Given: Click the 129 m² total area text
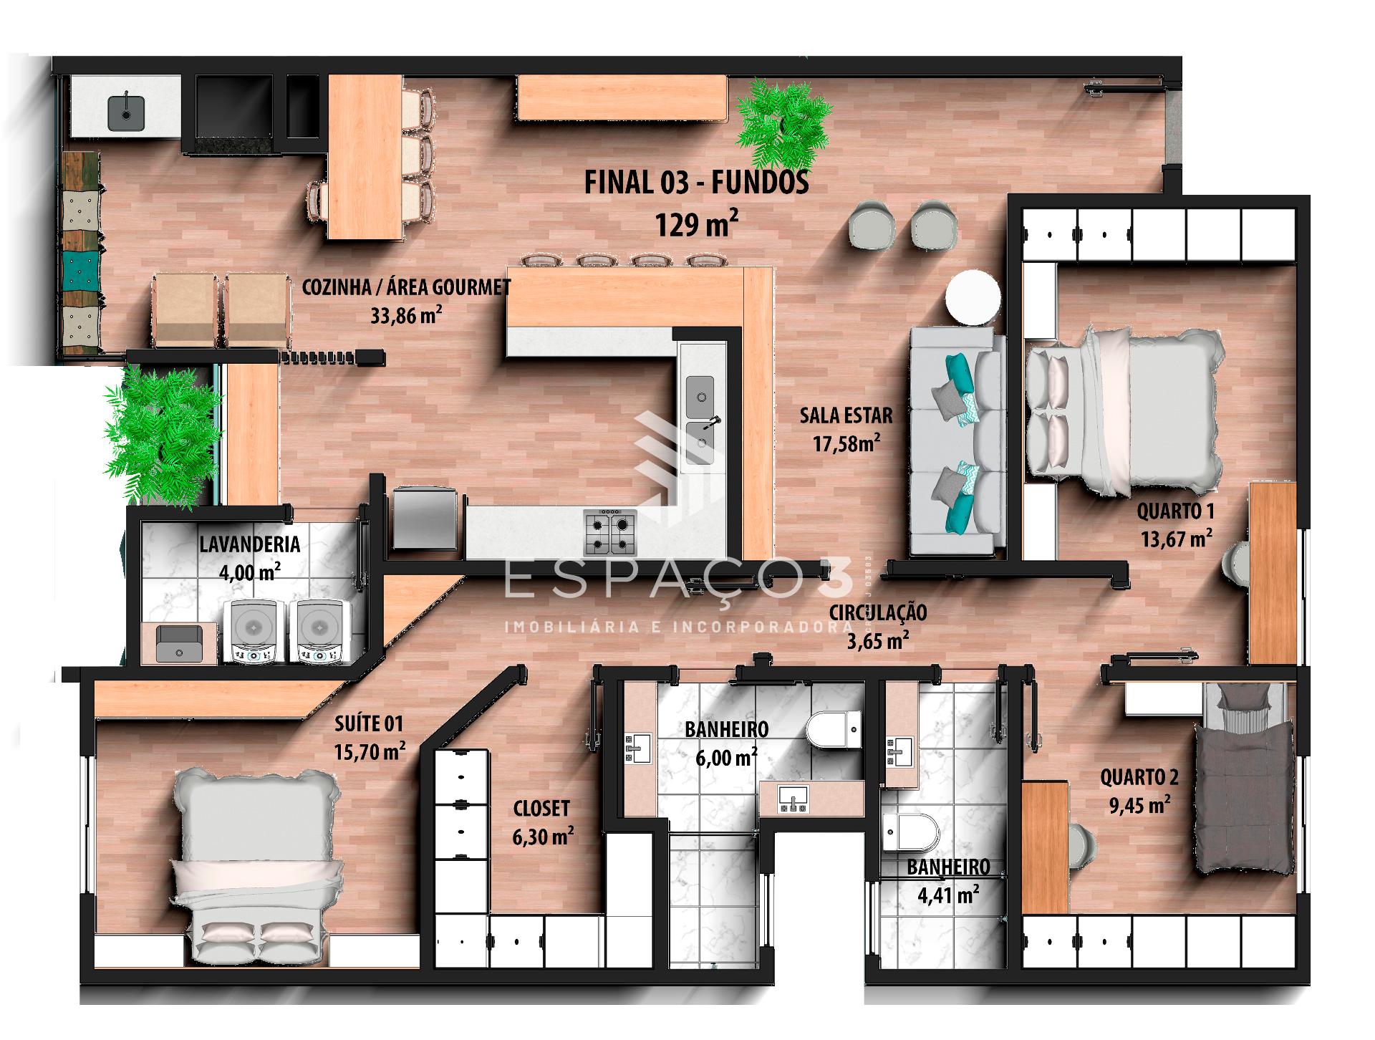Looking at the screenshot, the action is coord(696,224).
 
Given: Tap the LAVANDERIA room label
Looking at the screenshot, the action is coord(249,544).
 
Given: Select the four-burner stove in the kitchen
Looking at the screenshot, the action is coord(609,532).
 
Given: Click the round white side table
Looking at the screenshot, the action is coord(973,299).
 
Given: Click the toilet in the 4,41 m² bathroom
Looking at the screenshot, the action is coord(911,832).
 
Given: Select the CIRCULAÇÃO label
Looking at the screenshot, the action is coord(877,613).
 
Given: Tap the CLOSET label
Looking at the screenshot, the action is coord(541,808).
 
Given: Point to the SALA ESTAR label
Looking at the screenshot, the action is coord(846,415).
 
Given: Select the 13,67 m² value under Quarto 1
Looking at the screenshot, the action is coord(1177,538).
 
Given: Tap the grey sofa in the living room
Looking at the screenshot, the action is coord(957,441).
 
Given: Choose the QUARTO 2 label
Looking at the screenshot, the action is coord(1139,776).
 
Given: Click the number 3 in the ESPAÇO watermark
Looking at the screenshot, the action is coord(836,580).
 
